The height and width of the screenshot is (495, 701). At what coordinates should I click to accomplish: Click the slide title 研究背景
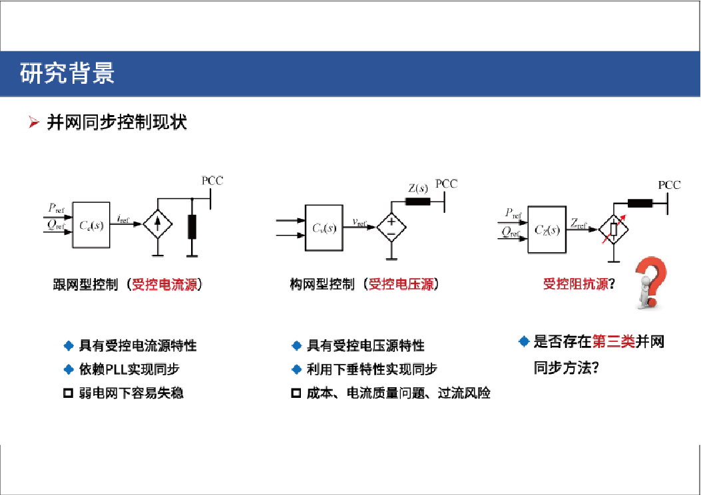tap(67, 73)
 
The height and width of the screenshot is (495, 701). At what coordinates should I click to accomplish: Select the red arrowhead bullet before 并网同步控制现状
tap(34, 122)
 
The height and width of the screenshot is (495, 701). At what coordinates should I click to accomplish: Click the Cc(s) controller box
tap(91, 225)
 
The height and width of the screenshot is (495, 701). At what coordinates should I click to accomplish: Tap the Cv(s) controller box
tap(324, 228)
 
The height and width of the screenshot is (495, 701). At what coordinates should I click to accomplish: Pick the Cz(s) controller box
tap(547, 230)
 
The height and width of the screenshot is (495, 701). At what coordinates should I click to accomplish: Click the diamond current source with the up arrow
tap(157, 224)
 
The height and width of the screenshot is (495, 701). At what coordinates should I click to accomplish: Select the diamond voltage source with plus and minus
tap(391, 227)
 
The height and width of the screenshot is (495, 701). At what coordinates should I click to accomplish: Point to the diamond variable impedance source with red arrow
tap(613, 229)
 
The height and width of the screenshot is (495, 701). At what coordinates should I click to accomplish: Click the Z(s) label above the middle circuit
tap(418, 188)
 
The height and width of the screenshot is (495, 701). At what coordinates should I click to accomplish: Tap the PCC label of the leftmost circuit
tap(212, 180)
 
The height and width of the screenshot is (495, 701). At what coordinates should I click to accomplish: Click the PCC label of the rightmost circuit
tap(669, 185)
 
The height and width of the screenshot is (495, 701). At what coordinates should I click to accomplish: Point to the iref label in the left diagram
tap(123, 219)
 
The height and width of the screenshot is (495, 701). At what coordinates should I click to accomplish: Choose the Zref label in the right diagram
tap(579, 224)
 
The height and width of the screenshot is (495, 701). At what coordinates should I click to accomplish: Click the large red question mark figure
tap(651, 283)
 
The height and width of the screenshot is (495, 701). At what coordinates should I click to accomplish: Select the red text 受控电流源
tap(164, 284)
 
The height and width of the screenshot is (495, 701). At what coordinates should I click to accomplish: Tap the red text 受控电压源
tap(401, 284)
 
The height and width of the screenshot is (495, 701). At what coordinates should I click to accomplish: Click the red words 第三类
tap(614, 342)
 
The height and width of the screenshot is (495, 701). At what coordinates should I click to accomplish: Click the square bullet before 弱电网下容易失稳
tap(68, 393)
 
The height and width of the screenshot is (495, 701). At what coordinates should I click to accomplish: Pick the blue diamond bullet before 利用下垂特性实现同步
tap(296, 369)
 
